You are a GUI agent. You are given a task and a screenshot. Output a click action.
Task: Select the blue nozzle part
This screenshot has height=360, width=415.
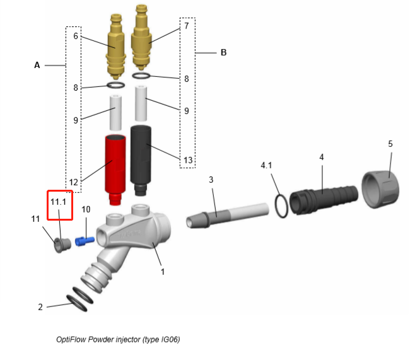(x=85, y=241)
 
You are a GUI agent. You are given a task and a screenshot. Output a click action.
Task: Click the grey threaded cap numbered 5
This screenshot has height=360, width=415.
(x=380, y=189)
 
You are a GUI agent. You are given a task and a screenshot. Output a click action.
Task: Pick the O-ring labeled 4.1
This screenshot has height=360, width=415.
(x=281, y=206)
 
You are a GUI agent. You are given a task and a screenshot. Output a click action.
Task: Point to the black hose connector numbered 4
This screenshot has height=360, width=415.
(x=324, y=200)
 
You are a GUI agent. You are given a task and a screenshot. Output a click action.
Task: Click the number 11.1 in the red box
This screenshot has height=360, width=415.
(x=58, y=202)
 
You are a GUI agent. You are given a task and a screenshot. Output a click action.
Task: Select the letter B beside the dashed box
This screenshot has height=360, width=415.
(x=224, y=52)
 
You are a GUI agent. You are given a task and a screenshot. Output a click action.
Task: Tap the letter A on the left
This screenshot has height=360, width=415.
(x=37, y=65)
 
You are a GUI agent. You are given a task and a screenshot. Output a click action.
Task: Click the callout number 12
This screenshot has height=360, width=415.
(x=74, y=182)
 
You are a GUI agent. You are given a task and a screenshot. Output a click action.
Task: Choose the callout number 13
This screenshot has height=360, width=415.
(x=188, y=160)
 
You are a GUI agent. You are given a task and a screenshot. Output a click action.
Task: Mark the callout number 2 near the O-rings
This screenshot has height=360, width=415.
(x=40, y=307)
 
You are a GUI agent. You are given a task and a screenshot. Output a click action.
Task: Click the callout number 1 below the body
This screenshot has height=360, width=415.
(x=163, y=272)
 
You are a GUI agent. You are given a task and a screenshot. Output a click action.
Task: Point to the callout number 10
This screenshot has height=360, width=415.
(x=86, y=209)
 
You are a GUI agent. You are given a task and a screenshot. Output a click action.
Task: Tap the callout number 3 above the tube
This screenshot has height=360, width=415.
(x=211, y=180)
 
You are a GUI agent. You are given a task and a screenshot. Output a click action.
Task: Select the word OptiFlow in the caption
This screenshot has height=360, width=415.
(x=71, y=339)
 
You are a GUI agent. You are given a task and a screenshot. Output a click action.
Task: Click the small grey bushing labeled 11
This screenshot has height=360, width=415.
(x=62, y=245)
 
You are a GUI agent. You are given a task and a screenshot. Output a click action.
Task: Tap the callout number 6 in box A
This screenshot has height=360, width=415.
(x=76, y=36)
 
